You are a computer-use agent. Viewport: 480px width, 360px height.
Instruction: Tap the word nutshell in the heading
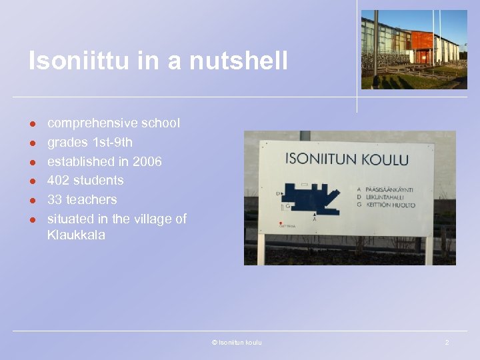239,61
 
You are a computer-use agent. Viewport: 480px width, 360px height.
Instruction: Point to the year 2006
147,161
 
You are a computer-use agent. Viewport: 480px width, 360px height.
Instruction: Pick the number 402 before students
59,180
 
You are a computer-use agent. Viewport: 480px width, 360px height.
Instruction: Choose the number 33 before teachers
55,199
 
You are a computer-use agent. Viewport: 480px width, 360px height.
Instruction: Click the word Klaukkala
76,235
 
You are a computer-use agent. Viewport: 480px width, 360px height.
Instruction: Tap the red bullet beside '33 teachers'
31,200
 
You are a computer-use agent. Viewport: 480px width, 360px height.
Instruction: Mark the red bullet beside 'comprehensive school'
31,124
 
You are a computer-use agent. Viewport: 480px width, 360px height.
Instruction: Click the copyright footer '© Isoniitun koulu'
237,343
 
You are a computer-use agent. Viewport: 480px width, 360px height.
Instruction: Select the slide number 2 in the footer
447,343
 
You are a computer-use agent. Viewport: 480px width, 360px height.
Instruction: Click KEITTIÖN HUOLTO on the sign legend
389,205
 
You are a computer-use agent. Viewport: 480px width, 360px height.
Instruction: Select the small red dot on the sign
281,224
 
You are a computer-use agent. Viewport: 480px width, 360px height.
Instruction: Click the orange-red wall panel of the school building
421,41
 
